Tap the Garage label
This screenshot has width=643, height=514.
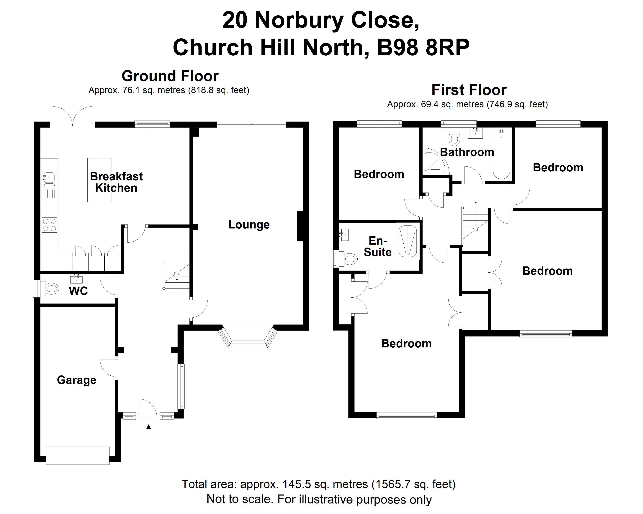[77, 380]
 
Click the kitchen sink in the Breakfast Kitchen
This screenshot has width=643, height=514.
[49, 178]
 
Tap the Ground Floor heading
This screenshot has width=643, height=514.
[170, 76]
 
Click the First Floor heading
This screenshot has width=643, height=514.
[469, 90]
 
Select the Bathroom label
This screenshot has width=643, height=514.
[467, 152]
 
